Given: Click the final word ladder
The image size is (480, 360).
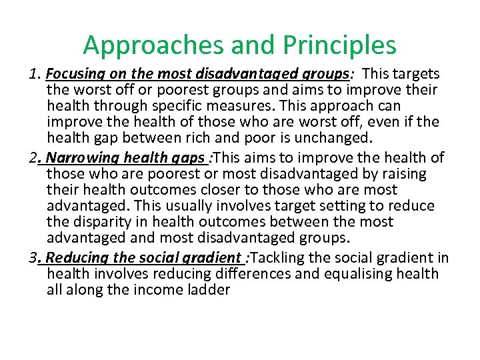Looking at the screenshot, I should click(x=206, y=290).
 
